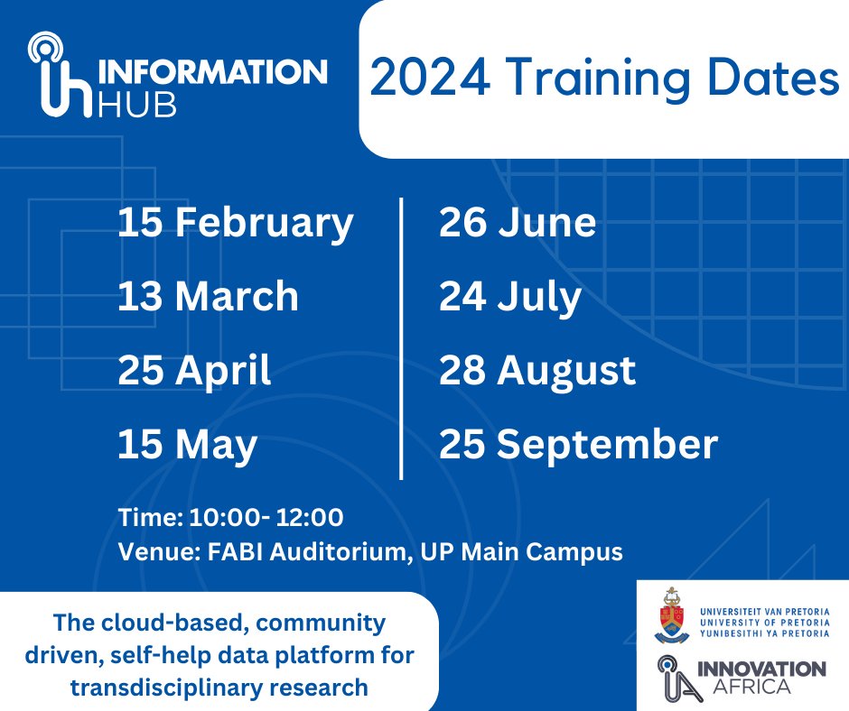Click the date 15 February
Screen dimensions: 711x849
(235, 224)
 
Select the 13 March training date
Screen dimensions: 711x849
(208, 297)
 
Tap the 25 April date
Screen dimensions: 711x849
(194, 371)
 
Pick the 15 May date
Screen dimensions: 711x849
(187, 445)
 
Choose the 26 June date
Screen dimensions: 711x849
(518, 224)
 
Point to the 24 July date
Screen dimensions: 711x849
(510, 297)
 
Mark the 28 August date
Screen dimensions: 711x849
(537, 371)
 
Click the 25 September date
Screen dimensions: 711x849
(578, 445)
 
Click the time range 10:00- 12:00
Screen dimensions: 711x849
(265, 518)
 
